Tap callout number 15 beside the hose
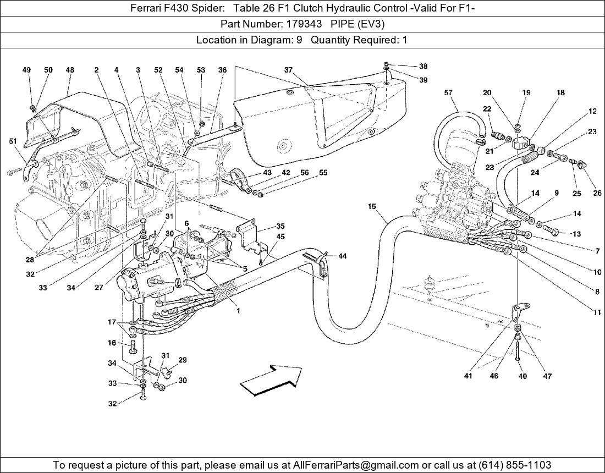372,206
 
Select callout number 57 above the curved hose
448,93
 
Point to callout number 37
288,70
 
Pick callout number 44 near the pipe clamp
342,256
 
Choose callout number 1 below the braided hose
238,311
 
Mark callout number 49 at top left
26,70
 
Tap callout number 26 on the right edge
597,193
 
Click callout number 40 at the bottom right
522,376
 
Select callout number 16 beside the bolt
112,343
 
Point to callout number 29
183,360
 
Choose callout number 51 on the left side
13,141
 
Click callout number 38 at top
423,66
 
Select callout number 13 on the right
576,233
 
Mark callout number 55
323,173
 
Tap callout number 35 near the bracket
280,226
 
